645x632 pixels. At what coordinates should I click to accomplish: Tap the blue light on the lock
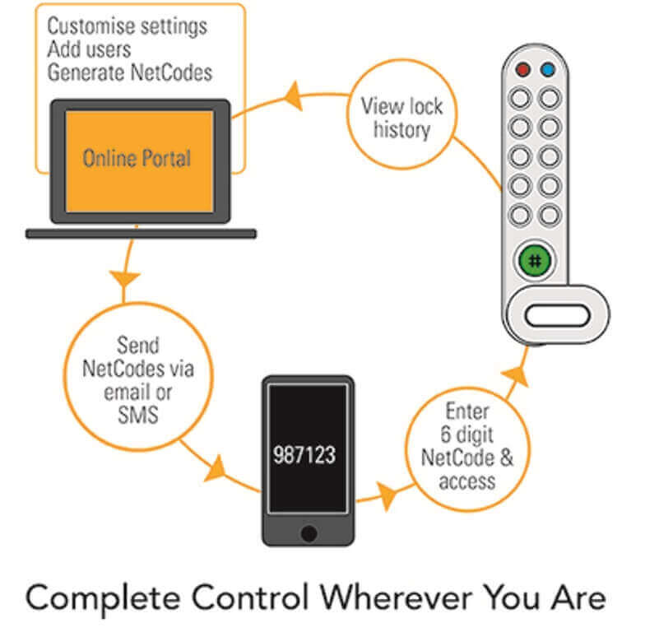click(548, 71)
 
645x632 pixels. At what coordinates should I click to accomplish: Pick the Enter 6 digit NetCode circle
click(466, 445)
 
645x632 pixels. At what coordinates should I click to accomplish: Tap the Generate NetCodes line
click(129, 72)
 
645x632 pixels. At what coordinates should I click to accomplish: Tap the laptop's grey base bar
click(140, 234)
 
